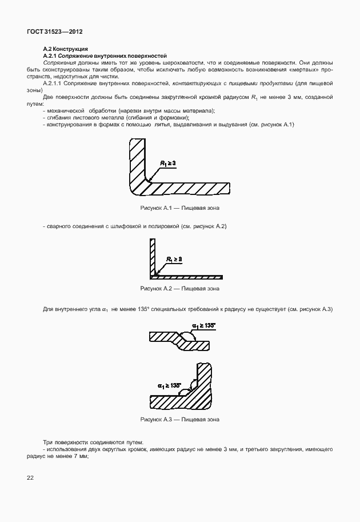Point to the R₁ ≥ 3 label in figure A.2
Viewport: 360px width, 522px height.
174,260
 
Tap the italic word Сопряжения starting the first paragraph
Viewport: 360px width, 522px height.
59,62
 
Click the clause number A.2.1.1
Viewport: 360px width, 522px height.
56,83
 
